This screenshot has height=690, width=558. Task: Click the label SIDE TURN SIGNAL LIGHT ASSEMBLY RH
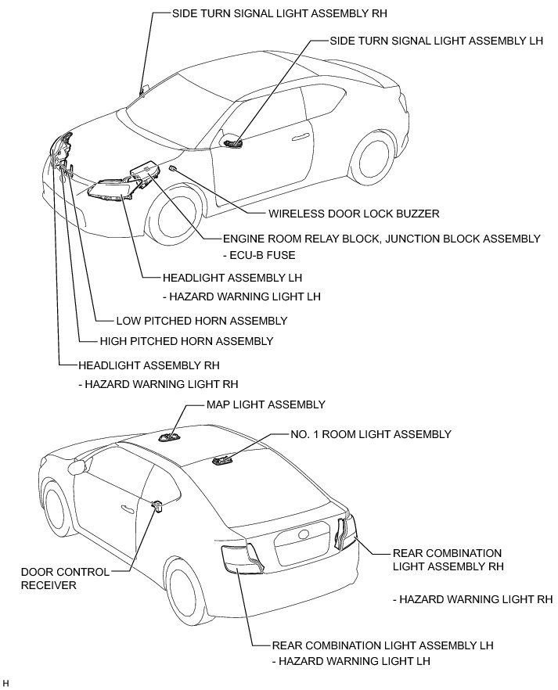click(x=279, y=13)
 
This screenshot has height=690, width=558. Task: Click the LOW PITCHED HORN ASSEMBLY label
click(x=201, y=321)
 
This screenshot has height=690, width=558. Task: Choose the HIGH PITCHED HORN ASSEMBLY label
click(x=186, y=341)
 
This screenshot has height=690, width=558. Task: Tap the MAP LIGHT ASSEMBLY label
click(x=265, y=404)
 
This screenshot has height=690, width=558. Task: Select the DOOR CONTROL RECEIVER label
click(x=54, y=578)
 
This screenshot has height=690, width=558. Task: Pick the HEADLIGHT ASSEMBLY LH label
click(x=232, y=277)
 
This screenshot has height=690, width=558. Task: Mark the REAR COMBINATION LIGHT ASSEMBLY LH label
click(x=382, y=645)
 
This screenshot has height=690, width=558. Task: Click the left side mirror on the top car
click(x=232, y=142)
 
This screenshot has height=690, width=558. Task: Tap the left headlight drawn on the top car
click(x=108, y=189)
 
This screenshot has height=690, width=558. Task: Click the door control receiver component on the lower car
click(x=157, y=508)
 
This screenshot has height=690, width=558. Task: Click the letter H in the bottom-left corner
click(x=5, y=685)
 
